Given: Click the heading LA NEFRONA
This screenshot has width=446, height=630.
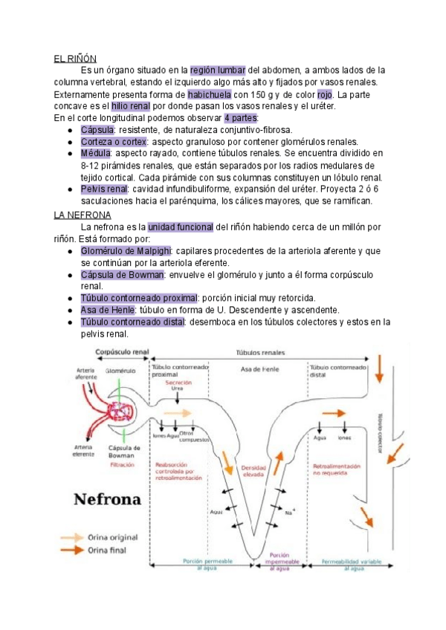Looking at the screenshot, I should point(80,214).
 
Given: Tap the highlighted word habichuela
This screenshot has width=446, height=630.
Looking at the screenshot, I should point(210,95).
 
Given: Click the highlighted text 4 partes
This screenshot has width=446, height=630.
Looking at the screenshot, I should point(242,118).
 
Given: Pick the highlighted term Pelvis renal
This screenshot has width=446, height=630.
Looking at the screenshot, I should point(104,189).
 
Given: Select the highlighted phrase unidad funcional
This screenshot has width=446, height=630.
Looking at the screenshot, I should point(181,226).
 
